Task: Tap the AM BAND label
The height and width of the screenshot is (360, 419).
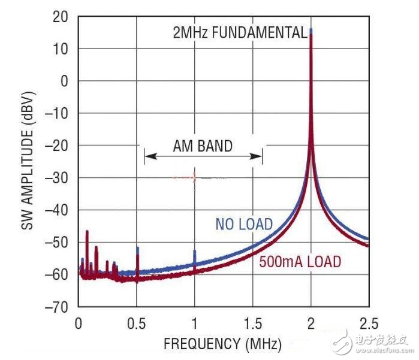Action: point(203,146)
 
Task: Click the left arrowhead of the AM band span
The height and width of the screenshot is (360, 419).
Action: point(147,156)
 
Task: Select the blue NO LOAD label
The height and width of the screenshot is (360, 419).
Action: point(244,225)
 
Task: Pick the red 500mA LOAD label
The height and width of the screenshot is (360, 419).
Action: point(300,262)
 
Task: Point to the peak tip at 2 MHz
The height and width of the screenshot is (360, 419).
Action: point(311,30)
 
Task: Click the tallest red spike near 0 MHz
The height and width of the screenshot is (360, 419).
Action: point(87,232)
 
